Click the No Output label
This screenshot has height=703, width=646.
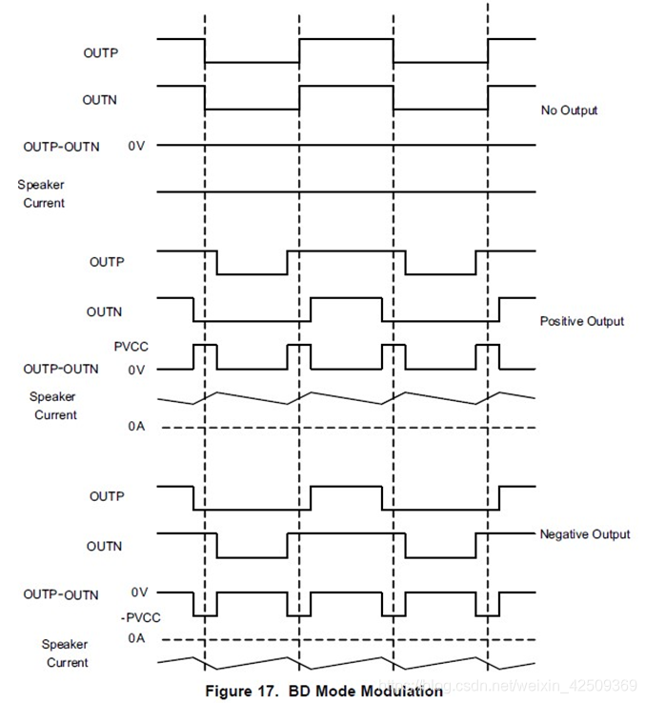point(569,110)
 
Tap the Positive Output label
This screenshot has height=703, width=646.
point(581,321)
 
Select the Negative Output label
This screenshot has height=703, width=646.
point(584,534)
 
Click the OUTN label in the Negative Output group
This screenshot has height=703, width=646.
point(104,546)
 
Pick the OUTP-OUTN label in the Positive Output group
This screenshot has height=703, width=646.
point(61,369)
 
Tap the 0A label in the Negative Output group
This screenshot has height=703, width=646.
point(136,638)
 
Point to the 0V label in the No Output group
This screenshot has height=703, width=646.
point(136,147)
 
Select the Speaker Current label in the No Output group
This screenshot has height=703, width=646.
point(44,193)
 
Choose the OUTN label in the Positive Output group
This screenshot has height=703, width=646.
point(104,311)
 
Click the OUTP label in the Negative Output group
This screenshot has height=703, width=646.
point(107,496)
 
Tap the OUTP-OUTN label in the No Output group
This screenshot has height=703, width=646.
point(61,147)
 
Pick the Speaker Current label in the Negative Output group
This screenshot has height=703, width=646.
point(65,653)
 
